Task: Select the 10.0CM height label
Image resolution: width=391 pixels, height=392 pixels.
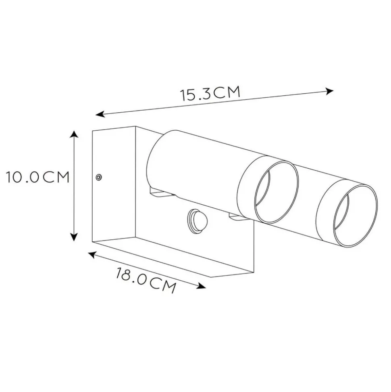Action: pos(38,177)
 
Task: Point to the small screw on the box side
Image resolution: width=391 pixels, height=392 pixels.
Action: pos(99,177)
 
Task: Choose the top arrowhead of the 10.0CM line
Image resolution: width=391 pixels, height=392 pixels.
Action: pos(74,134)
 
